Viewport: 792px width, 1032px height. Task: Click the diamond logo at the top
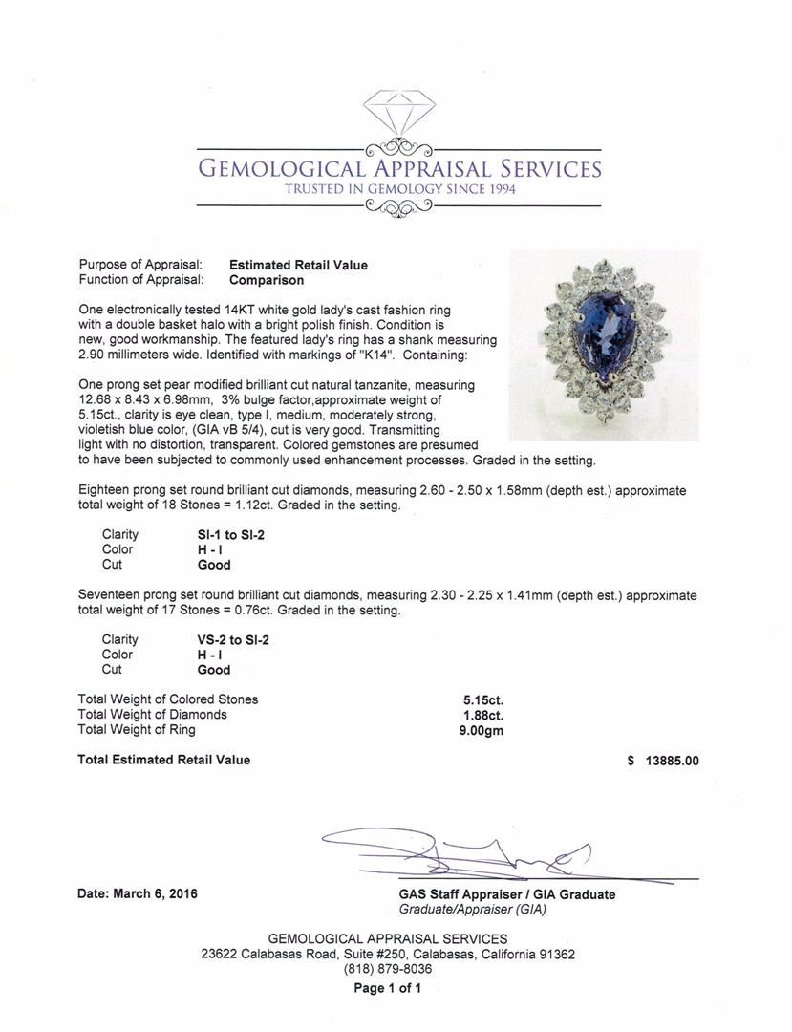tap(398, 114)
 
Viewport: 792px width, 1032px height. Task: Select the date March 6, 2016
tap(138, 894)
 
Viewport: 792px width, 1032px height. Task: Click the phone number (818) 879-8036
tap(387, 969)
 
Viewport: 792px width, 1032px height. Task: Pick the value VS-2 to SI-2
tap(226, 640)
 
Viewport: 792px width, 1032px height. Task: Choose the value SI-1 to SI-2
tap(225, 535)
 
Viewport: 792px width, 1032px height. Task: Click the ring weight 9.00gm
tap(482, 730)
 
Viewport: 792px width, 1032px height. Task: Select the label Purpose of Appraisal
tap(139, 265)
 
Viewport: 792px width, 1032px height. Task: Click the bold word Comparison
tap(267, 281)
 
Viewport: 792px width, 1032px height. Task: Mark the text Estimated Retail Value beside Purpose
tap(298, 265)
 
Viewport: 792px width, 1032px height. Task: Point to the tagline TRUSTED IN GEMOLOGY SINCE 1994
tap(399, 190)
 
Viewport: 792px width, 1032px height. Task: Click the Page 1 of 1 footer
tap(387, 988)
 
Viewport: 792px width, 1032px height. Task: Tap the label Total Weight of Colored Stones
tap(167, 699)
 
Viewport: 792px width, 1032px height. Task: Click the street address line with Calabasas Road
tap(388, 954)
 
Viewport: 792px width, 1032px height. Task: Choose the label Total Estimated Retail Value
tap(163, 760)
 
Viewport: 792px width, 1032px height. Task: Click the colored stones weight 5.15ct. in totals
tap(482, 699)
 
